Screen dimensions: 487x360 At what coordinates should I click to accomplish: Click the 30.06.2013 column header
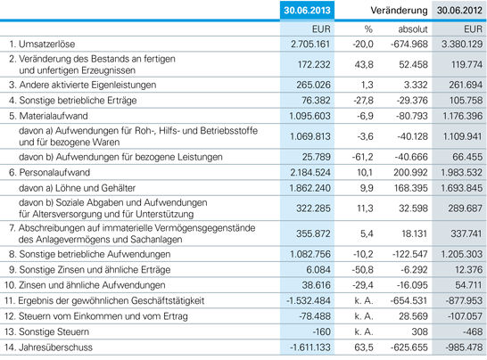pos(307,10)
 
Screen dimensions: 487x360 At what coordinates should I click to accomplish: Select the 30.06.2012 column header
pos(459,10)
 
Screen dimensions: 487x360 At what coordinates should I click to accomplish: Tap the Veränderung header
pos(399,10)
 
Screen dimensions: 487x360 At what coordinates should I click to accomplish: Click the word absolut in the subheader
pos(413,29)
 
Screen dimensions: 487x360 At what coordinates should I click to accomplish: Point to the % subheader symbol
pos(368,29)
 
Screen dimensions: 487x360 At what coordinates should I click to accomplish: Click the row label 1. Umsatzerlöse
pos(42,44)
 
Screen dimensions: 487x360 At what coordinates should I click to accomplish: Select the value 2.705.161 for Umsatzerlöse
pos(310,44)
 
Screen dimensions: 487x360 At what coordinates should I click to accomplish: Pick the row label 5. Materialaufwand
pos(48,116)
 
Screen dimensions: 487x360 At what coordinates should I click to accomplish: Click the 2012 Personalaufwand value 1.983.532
pos(461,173)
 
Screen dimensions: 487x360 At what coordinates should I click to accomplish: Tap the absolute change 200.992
pos(410,173)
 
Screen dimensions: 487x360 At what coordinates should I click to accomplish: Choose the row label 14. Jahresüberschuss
pos(48,348)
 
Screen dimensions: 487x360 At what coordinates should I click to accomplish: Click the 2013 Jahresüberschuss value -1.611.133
pos(310,348)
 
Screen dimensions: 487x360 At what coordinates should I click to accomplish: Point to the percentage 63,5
pos(364,348)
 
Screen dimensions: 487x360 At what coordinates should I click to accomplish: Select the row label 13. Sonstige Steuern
pos(46,331)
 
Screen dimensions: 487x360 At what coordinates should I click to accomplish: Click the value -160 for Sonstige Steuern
pos(321,331)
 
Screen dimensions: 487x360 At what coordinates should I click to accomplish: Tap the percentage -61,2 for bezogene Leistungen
pos(362,157)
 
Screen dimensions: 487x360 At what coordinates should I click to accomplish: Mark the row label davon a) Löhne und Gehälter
pos(77,188)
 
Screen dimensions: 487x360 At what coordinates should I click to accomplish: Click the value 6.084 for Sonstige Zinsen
pos(318,270)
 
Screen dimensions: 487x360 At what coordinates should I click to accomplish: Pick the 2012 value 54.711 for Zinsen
pos(468,285)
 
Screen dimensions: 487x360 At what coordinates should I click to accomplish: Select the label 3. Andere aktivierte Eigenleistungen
pos(83,85)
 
